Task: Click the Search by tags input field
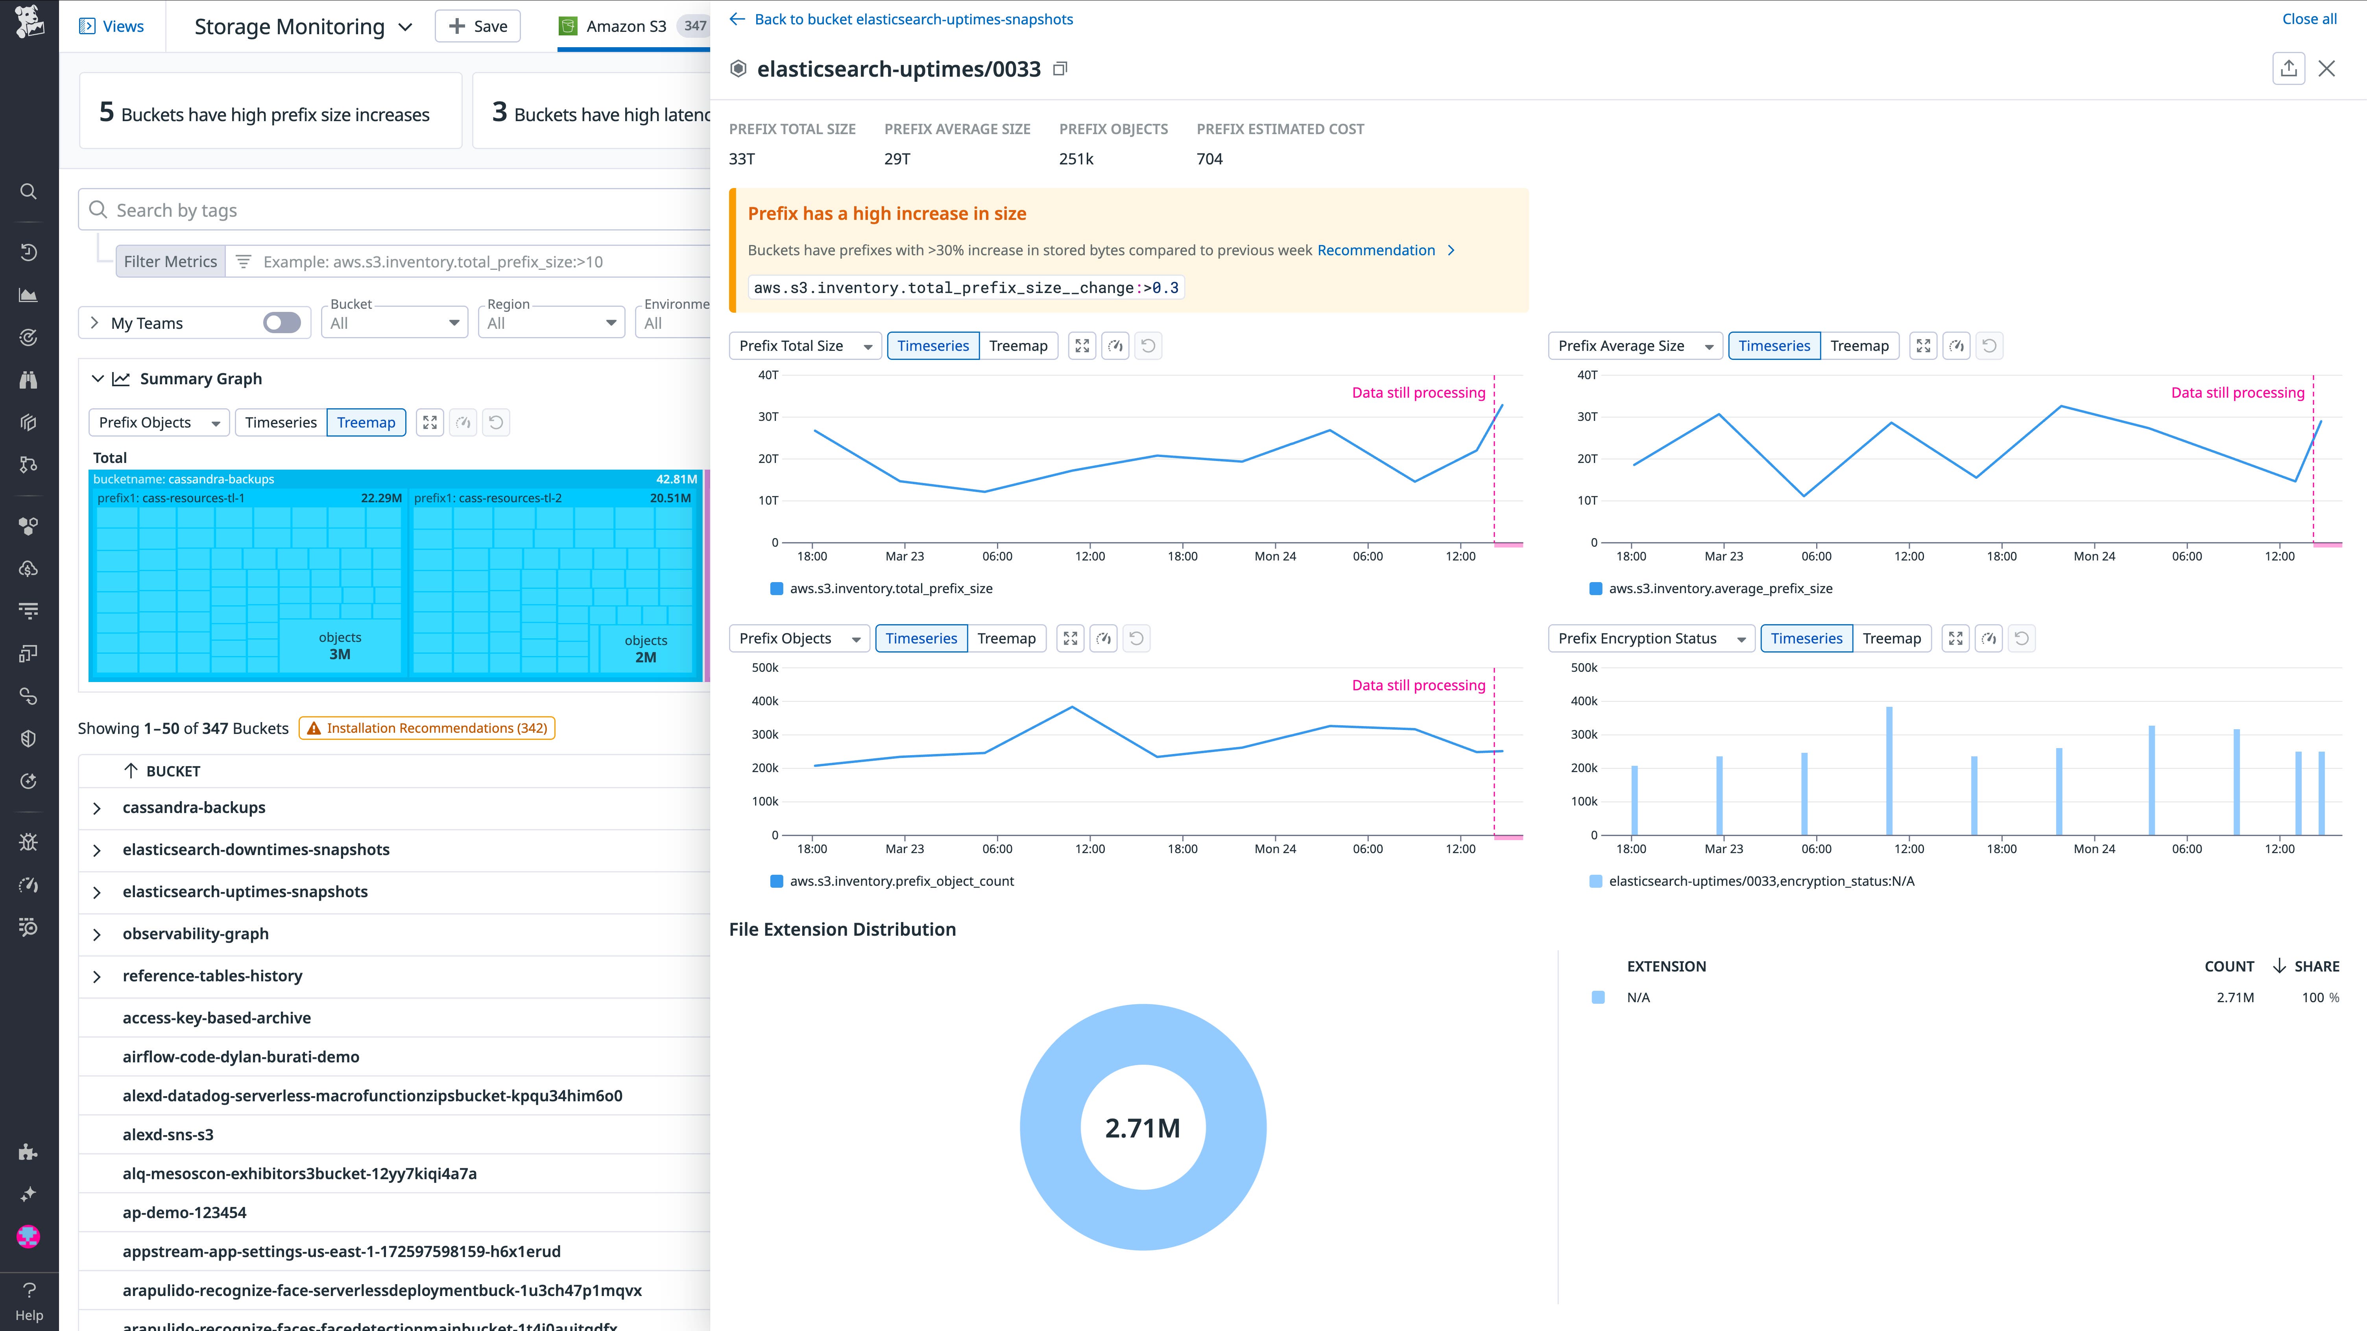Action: coord(404,210)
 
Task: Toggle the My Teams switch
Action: coord(281,323)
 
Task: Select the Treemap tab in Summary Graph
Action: coord(366,422)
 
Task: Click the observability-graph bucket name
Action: coord(196,933)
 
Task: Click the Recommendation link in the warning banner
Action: coord(1376,250)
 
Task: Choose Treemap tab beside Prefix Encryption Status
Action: coord(1891,638)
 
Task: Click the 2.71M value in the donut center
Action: coord(1142,1128)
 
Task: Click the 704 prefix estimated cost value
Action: coord(1209,159)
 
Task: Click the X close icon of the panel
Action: coord(2326,69)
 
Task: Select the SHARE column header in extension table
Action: coord(2315,966)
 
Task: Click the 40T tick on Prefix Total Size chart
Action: coord(768,375)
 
